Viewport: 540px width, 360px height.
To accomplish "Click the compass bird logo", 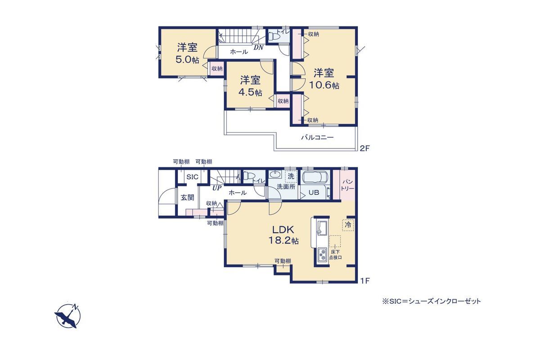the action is (67, 315).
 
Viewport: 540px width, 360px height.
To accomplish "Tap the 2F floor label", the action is (364, 148).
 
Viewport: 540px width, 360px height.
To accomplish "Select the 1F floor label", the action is (364, 281).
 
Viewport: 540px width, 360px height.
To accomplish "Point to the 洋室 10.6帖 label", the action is (324, 79).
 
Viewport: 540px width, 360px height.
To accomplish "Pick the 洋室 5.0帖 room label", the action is (187, 53).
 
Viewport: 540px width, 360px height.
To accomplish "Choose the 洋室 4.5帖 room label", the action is (250, 86).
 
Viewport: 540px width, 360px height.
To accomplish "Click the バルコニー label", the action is (318, 138).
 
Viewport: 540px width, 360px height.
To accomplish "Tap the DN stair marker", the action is (258, 48).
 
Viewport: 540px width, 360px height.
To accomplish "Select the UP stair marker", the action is (217, 188).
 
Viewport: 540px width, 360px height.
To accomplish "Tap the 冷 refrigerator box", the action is (348, 225).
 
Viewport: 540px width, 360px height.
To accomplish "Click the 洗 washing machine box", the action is (291, 176).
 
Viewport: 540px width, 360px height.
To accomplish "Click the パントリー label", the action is (347, 184).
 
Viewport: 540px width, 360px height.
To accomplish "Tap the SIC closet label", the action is (192, 177).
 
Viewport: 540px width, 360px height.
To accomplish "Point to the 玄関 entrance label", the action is (188, 198).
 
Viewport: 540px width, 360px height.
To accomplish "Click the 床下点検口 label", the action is (335, 255).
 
